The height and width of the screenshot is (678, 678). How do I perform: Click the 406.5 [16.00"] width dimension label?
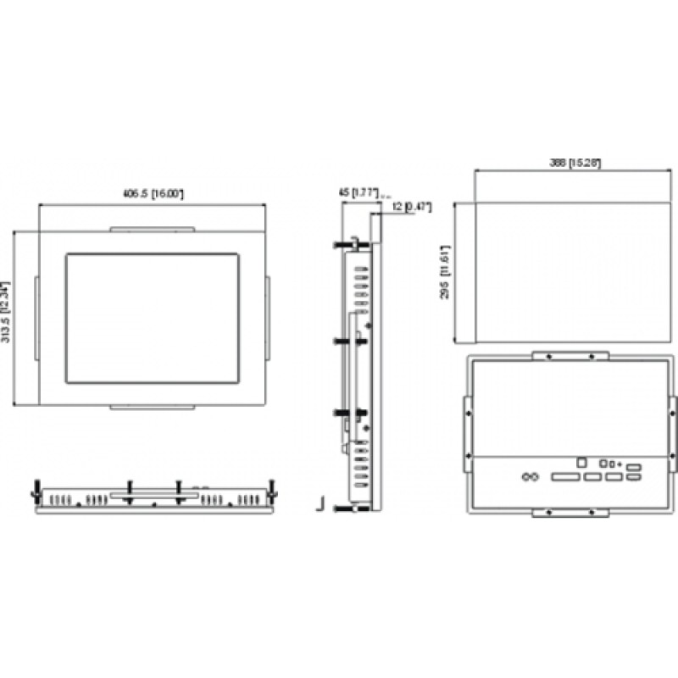[x=153, y=195]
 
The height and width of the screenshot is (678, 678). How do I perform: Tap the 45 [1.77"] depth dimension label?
[x=358, y=192]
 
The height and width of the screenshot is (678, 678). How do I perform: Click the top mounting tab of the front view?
[x=153, y=228]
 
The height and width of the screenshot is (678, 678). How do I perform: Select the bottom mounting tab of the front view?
[x=153, y=408]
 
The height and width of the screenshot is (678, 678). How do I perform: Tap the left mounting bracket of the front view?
[x=36, y=318]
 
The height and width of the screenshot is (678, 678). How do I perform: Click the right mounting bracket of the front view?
[x=266, y=318]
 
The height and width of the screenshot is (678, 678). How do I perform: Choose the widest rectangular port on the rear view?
[x=564, y=478]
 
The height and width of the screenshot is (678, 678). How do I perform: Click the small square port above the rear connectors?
[x=581, y=463]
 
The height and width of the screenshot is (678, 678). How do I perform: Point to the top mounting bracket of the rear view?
[x=570, y=356]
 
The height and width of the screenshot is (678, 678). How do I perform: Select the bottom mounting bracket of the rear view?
[x=570, y=512]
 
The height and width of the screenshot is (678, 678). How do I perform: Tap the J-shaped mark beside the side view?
[x=320, y=504]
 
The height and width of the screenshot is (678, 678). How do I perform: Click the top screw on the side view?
[x=342, y=246]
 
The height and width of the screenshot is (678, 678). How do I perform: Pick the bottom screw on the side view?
[x=342, y=508]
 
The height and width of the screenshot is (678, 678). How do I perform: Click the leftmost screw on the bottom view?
[x=36, y=487]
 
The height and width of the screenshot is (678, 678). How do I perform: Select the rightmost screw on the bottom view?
[x=270, y=487]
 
